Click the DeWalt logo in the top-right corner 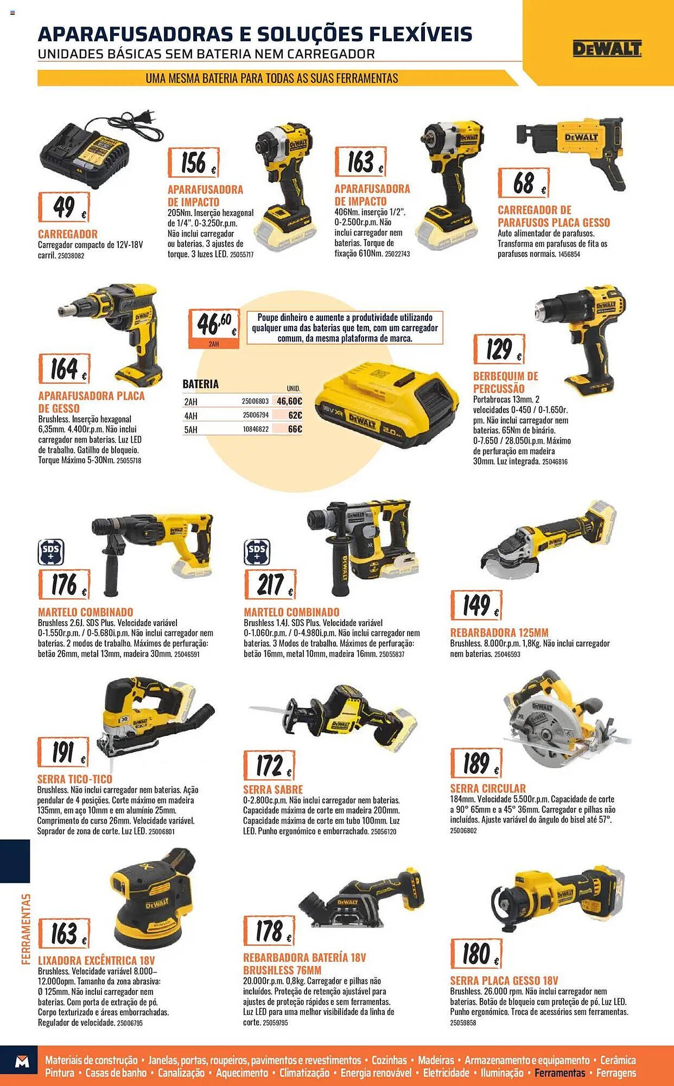607,48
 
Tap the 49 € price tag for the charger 63,207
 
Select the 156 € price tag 193,162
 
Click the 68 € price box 524,183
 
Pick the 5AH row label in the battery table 191,430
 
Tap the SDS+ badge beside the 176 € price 51,552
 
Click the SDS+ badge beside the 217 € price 257,552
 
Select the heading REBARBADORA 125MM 499,633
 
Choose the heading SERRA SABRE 273,790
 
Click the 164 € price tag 64,369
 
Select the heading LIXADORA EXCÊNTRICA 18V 97,960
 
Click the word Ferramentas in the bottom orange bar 560,1073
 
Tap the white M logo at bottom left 22,1062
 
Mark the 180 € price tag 476,954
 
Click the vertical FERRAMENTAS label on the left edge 26,929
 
